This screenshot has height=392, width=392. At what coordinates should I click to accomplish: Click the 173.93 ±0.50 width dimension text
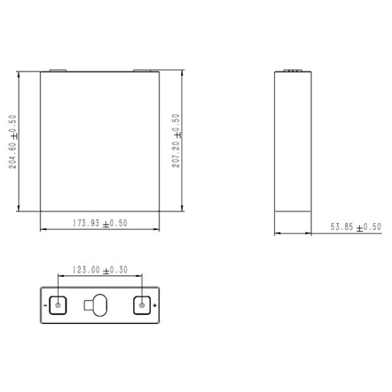coord(100,223)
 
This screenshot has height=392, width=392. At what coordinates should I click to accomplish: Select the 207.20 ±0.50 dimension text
coord(176,142)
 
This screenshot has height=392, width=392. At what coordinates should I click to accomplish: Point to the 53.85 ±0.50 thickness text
coord(355,227)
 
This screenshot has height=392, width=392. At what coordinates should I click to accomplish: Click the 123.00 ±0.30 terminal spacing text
coord(100,269)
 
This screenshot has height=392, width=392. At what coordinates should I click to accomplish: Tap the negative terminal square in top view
coord(58,305)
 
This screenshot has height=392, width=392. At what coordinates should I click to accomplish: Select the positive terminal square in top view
coord(141,305)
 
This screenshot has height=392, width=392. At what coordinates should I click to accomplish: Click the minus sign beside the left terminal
coord(45,305)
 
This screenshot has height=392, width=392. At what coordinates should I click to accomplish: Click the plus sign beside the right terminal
coord(154,305)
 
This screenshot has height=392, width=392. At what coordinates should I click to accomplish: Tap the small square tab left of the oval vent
coord(89,304)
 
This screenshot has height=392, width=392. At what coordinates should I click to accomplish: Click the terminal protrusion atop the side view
coord(292,69)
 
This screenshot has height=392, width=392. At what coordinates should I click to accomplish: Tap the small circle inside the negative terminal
coord(58,305)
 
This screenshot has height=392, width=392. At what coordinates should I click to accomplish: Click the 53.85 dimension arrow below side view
coord(292,233)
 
